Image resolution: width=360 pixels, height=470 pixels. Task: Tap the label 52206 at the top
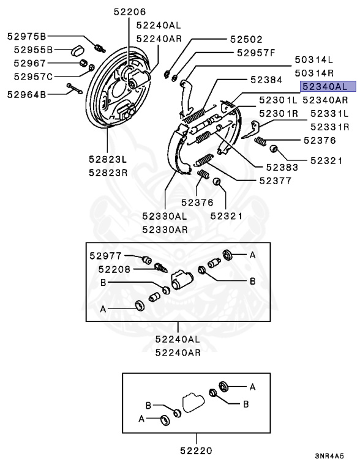coord(129,12)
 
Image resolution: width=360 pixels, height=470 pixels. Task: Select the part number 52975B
coord(27,36)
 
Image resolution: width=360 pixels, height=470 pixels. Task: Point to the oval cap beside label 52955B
coord(78,50)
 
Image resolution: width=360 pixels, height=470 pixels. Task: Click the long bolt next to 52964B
coord(75,88)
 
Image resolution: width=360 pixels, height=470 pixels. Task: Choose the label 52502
coord(246,39)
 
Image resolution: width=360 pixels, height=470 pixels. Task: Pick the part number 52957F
coord(255,53)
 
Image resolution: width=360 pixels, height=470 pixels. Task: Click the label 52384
coord(266,80)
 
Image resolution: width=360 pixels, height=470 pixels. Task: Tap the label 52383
coord(282,167)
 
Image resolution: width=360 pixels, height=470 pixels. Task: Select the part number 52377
coord(275,181)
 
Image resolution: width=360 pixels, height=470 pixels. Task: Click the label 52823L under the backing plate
coord(108,159)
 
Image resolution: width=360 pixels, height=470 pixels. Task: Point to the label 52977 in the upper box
coord(105,256)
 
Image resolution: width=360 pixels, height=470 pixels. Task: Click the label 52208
coord(114,269)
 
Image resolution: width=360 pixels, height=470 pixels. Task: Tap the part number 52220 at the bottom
coord(196,450)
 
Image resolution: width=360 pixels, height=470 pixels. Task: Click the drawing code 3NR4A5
coord(329,456)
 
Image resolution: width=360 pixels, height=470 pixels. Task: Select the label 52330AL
coord(165,216)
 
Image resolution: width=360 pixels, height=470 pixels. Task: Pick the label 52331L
coord(329,114)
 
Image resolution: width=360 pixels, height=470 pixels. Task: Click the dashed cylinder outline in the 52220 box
coord(193,402)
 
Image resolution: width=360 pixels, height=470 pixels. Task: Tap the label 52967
coord(29,63)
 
